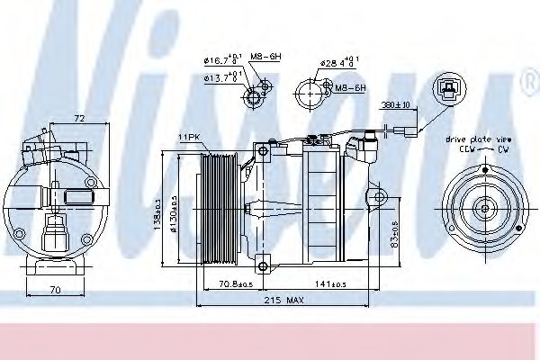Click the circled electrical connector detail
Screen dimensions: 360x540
pos(445,88)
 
